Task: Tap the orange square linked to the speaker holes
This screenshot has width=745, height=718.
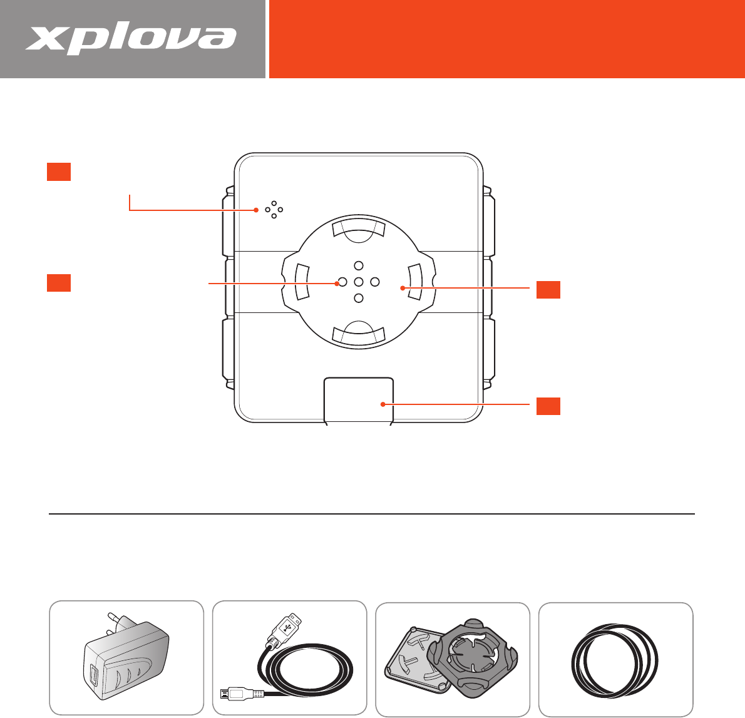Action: click(x=59, y=172)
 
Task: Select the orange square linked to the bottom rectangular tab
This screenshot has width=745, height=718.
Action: click(x=548, y=406)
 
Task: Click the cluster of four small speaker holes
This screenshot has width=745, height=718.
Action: click(x=274, y=210)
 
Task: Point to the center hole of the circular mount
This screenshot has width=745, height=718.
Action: click(x=359, y=282)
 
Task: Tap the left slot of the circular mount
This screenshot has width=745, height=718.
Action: click(x=302, y=282)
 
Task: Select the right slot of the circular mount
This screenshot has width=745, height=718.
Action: click(x=415, y=282)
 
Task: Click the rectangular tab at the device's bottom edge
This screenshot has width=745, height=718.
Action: click(x=359, y=400)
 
